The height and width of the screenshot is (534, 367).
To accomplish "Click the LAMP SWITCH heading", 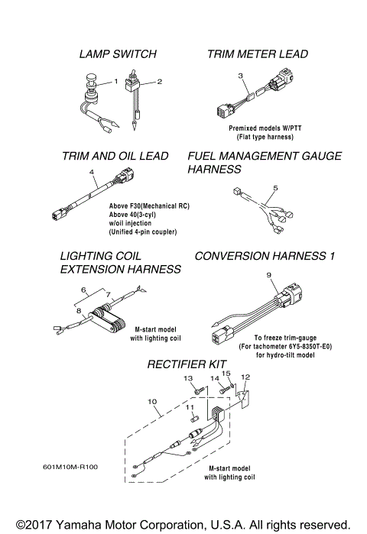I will point(118,54).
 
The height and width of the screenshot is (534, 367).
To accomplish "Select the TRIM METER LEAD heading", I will point(258,54).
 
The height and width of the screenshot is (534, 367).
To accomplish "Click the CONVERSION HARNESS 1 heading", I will point(265,257).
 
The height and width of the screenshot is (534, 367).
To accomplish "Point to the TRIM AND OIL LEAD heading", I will point(115,156).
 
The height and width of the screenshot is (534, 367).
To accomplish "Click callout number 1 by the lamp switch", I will point(116,80).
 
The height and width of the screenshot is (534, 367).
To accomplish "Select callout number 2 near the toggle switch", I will point(160,82).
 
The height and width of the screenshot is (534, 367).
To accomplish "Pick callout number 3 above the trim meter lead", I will point(240,76).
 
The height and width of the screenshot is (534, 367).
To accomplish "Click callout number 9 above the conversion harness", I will point(268,275).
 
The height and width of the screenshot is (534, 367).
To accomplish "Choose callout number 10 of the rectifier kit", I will point(151,401).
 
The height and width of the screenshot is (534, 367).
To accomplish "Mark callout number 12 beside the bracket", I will point(245,377).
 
